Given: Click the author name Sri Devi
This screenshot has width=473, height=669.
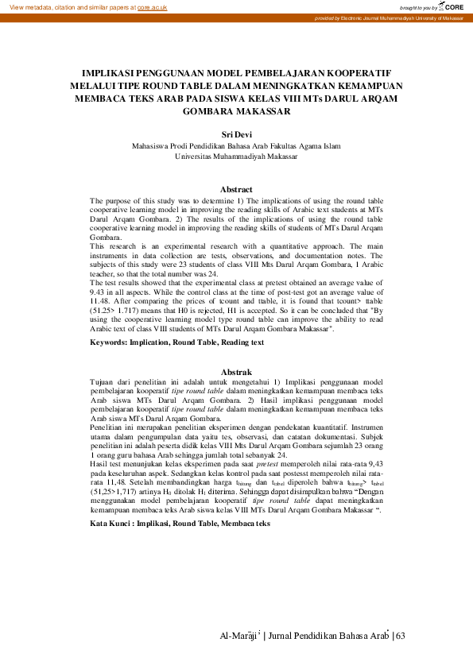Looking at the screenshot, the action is pyautogui.click(x=236, y=135).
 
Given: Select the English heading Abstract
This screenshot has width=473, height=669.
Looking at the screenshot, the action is pyautogui.click(x=236, y=190).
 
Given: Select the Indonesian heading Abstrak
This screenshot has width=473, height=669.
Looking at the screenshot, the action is pyautogui.click(x=236, y=372).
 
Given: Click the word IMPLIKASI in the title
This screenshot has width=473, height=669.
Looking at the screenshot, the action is pyautogui.click(x=118, y=71).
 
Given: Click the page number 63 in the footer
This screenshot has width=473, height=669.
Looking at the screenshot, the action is pyautogui.click(x=400, y=636).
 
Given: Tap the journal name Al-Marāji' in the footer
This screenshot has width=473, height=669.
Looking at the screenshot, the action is pyautogui.click(x=242, y=636).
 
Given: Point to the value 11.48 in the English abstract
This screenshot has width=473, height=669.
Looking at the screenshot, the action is pyautogui.click(x=100, y=301).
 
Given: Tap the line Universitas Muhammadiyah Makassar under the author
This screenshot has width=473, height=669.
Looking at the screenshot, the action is pyautogui.click(x=236, y=157).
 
